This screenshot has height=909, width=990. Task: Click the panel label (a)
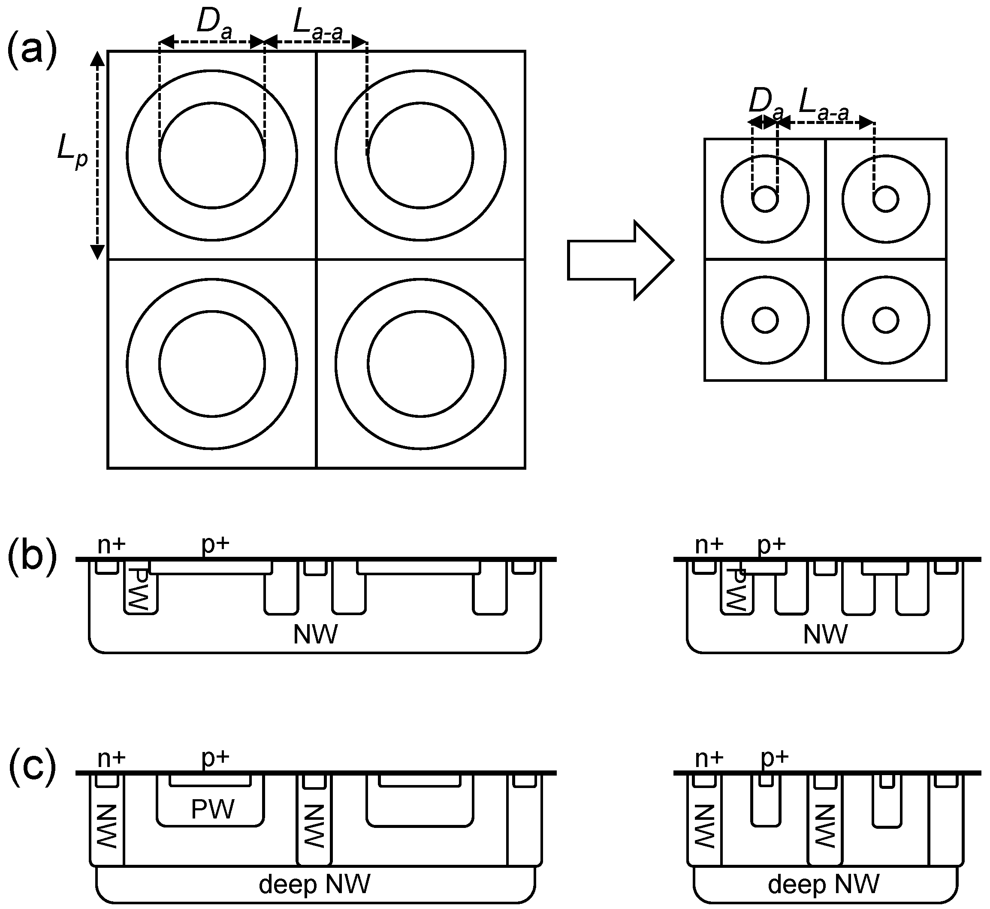[x=32, y=53]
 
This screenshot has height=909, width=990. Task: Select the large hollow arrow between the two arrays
[x=620, y=260]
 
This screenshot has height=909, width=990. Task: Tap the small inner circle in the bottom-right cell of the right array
[x=886, y=320]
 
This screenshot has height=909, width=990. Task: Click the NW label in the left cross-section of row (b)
[x=315, y=634]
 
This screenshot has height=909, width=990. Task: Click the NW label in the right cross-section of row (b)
[x=825, y=634]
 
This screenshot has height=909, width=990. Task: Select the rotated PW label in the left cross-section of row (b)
[x=141, y=590]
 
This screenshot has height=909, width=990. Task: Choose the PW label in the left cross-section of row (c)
[x=212, y=809]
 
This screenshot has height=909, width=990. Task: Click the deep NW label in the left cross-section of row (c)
[x=314, y=884]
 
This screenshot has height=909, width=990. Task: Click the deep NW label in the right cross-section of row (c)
[x=823, y=884]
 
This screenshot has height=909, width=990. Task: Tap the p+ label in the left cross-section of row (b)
[x=215, y=544]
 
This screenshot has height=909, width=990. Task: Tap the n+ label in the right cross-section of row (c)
[x=709, y=758]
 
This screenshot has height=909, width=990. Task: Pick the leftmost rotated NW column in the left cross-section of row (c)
[x=107, y=826]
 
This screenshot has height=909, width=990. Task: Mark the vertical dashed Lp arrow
[x=97, y=155]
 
